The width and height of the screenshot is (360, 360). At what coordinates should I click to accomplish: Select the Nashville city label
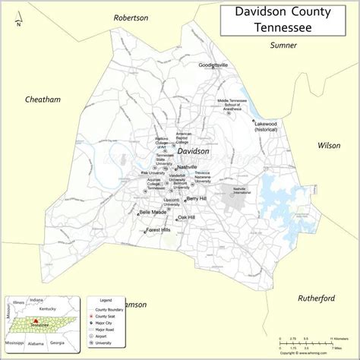(186, 167)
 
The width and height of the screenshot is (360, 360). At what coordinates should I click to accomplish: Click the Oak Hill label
(186, 217)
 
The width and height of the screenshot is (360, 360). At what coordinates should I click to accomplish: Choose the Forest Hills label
(159, 229)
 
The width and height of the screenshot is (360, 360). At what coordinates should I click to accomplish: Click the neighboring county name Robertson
(131, 17)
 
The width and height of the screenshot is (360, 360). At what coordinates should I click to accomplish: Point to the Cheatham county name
(43, 99)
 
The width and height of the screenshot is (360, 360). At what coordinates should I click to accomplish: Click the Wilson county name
(329, 145)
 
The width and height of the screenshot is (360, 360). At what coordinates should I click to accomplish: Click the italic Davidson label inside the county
(193, 151)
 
